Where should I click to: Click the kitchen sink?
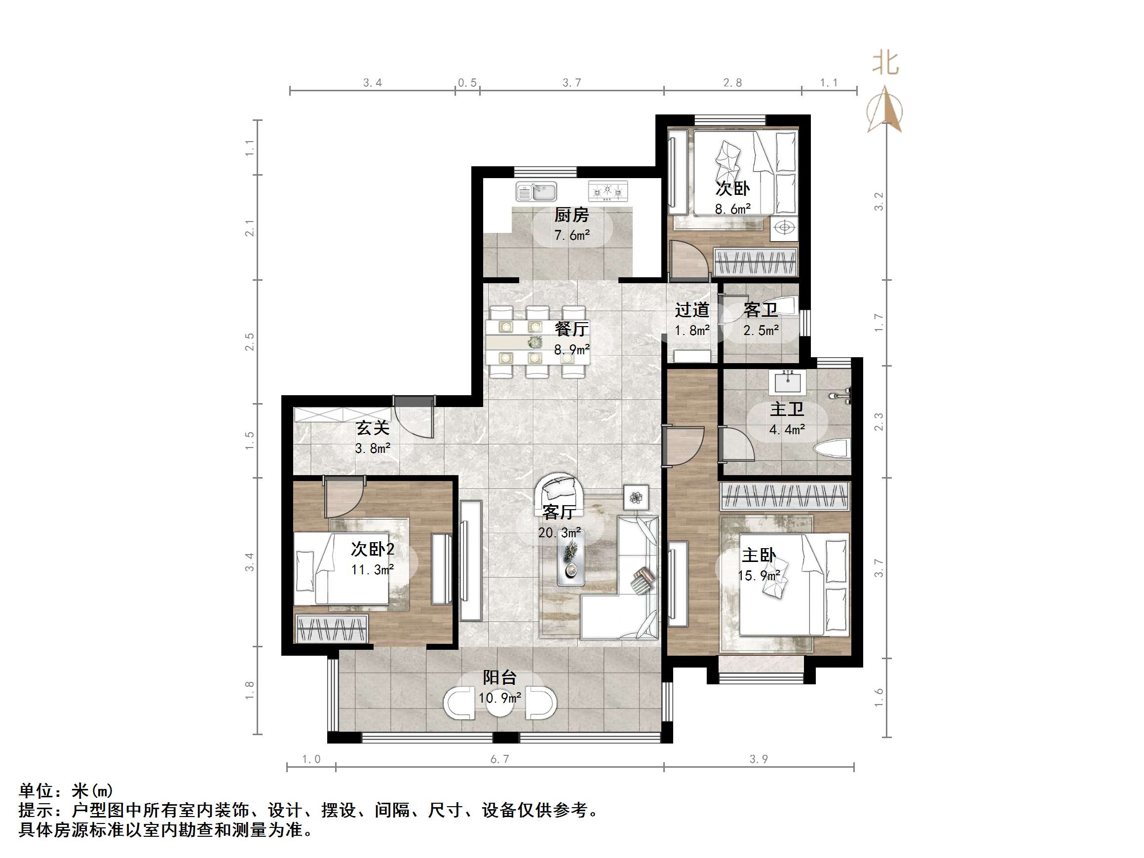[x=536, y=192]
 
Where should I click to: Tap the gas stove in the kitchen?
[x=608, y=191]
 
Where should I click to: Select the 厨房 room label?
[x=572, y=215]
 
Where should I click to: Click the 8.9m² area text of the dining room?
[x=572, y=350]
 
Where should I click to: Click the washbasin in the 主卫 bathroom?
[x=788, y=382]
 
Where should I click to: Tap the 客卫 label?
[x=760, y=310]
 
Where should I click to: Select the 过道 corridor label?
[x=691, y=310]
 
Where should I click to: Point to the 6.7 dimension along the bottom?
[x=499, y=759]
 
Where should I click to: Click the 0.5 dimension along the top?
[x=467, y=83]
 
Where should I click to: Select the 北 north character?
[x=885, y=64]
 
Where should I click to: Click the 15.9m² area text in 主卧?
[x=759, y=576]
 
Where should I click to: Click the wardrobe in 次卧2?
[x=332, y=629]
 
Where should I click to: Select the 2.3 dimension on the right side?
[x=878, y=422]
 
